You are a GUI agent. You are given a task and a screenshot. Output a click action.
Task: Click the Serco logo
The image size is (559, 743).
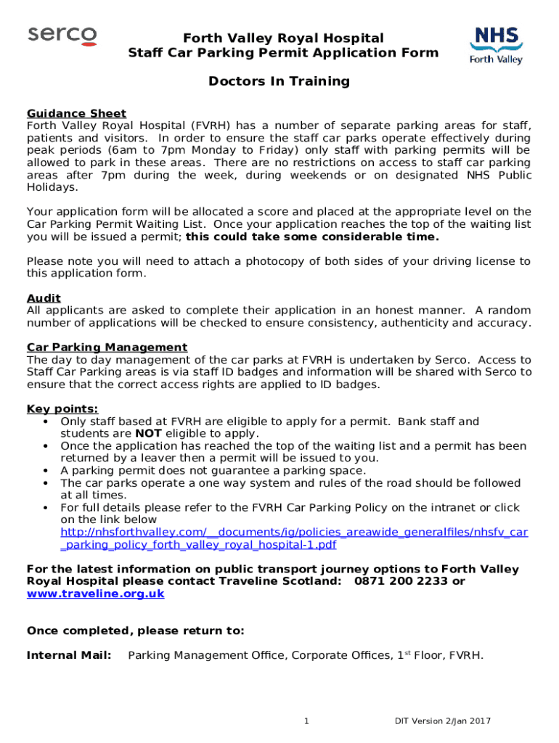point(62,36)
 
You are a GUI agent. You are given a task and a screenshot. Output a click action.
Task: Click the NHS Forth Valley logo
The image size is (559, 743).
point(497,45)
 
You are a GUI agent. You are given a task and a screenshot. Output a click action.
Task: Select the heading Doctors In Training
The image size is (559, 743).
point(279,81)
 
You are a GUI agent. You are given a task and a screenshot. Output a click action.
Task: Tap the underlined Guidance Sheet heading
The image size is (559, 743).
point(76,113)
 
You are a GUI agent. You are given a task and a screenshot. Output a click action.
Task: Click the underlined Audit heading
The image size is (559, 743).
point(44,298)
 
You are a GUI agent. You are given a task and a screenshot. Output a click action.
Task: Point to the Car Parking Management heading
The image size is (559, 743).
point(107,348)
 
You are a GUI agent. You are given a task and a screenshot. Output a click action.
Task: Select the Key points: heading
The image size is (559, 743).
point(62,409)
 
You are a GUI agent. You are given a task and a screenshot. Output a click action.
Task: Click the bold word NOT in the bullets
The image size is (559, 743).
point(149,434)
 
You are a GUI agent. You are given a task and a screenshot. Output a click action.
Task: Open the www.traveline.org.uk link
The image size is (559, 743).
point(95,594)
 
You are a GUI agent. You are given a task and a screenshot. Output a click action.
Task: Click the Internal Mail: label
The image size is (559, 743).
point(69,656)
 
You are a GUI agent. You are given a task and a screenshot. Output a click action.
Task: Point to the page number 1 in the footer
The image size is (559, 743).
point(307,721)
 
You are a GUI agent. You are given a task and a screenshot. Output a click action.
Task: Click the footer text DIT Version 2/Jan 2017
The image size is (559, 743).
point(443,721)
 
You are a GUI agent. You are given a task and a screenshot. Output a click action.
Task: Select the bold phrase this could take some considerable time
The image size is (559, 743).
point(312,237)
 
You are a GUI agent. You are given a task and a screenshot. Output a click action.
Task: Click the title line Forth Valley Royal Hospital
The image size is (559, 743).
point(282,38)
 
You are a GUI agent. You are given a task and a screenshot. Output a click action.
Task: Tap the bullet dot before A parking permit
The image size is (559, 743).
point(46,471)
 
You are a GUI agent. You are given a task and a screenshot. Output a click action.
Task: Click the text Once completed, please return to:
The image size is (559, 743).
point(135,631)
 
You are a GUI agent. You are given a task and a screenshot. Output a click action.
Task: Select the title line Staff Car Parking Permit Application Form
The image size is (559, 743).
point(283,53)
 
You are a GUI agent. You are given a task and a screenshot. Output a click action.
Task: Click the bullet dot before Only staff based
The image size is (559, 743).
point(46,422)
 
